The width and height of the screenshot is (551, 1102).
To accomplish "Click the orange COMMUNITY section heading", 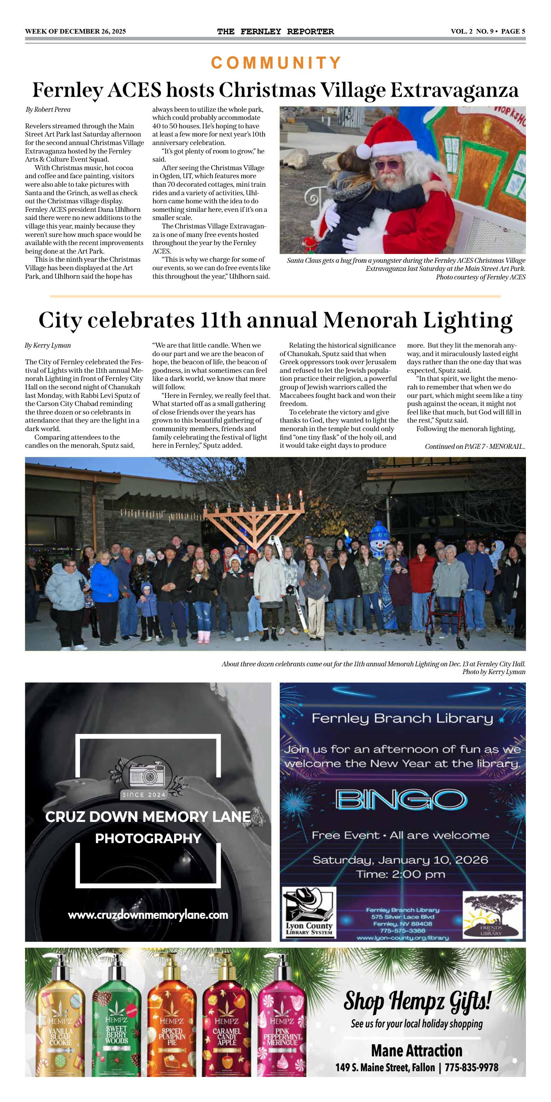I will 276,63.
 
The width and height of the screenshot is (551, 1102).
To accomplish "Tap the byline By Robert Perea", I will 48,110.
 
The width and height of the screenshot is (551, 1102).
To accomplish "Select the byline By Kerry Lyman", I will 47,345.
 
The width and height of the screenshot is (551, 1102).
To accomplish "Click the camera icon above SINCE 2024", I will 147,775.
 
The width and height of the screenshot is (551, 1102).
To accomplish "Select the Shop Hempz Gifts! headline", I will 417,1001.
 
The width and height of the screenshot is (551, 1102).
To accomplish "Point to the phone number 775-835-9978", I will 471,1067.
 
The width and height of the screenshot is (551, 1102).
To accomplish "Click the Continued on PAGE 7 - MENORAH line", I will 475,446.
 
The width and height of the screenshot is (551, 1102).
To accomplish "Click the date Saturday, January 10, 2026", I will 400,860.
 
